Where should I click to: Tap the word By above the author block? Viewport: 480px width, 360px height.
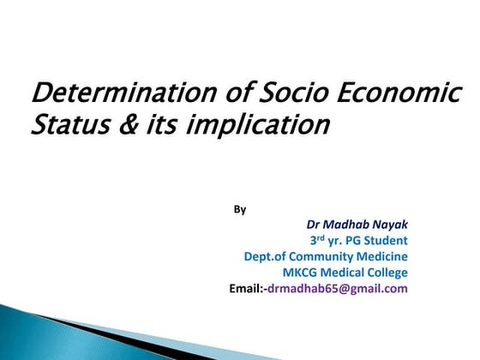[x=240, y=208]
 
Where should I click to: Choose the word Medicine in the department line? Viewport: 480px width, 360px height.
[x=382, y=256]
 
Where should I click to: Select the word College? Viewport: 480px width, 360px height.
[x=384, y=273]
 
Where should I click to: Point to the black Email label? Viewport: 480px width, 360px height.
[x=248, y=289]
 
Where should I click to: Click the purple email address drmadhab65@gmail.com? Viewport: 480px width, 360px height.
[x=338, y=289]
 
